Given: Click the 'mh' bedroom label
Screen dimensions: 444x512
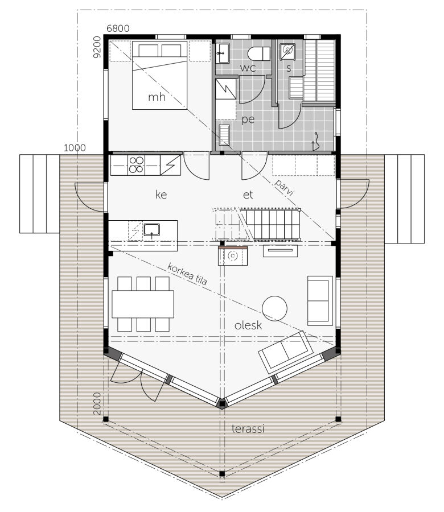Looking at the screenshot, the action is [157, 97].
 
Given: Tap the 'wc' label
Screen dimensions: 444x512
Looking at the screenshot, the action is [248, 68].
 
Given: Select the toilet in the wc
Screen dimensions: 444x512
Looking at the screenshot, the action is [259, 54].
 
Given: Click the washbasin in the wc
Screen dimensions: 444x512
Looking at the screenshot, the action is [222, 53].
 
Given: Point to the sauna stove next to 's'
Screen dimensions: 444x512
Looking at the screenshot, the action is [287, 52].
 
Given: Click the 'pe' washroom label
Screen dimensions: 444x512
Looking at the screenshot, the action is [248, 119].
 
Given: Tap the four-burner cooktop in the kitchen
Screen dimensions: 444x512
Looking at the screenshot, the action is [136, 164].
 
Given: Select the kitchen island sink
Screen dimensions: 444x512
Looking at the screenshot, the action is [151, 230].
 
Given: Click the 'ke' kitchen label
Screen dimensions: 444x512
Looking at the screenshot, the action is [161, 195].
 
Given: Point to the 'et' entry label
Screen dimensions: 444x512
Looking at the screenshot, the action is [248, 195].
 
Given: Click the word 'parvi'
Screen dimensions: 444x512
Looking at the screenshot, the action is [284, 187].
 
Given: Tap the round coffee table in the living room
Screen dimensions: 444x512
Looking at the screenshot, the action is [275, 308].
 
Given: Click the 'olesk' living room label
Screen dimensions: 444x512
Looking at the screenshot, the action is [248, 325].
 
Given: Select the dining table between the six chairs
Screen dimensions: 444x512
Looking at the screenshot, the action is [143, 304].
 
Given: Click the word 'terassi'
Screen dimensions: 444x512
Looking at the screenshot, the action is [248, 428].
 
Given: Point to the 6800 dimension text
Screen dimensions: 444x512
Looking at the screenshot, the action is [118, 28].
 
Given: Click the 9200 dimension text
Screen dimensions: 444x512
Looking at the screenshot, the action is [97, 47].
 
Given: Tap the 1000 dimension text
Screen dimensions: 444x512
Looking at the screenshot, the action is [75, 148].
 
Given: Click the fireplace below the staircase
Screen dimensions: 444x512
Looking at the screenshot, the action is [233, 256].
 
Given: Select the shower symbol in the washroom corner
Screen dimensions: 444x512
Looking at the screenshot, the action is [315, 141].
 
